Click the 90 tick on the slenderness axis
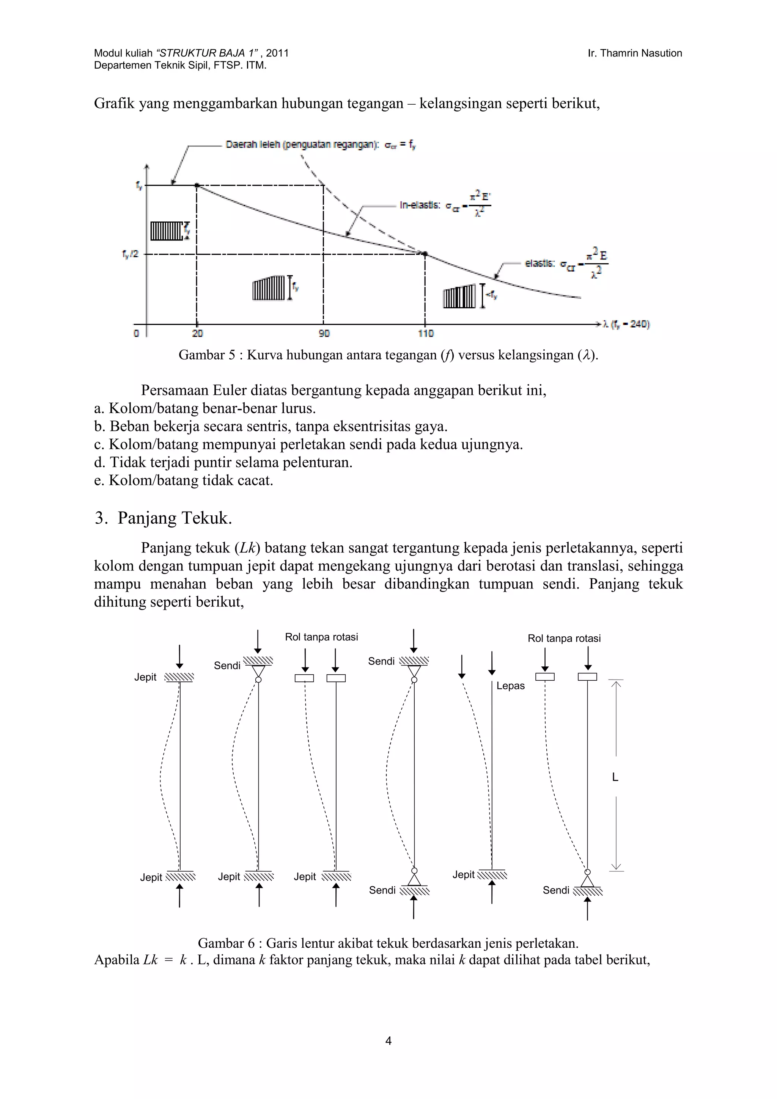coord(324,333)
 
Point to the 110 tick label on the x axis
coord(426,333)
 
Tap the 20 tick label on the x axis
coord(197,333)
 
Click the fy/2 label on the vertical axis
coord(130,254)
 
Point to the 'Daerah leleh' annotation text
coord(302,144)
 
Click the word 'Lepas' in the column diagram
coord(510,686)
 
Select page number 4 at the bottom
coord(388,1041)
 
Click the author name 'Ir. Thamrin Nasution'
coord(634,53)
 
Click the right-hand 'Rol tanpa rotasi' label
coord(564,638)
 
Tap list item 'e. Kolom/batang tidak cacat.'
coord(183,480)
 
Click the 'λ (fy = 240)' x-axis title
coord(626,324)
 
